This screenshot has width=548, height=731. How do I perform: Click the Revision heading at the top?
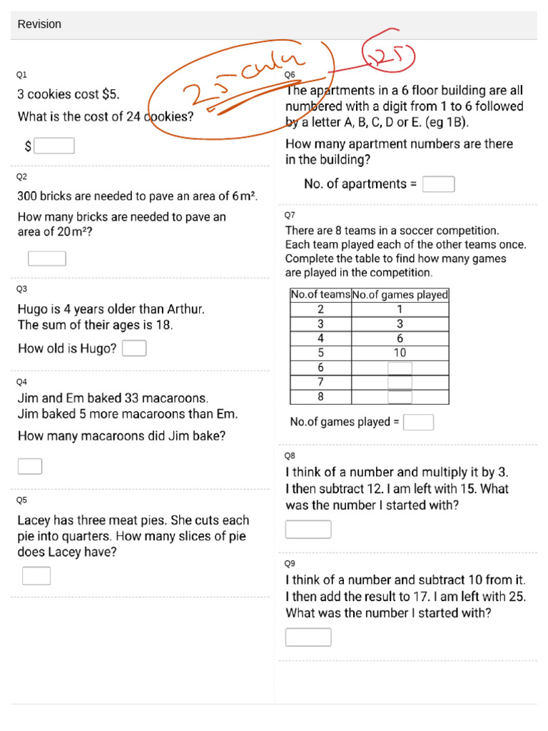coord(39,24)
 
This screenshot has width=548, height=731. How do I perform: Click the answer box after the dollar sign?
coord(54,146)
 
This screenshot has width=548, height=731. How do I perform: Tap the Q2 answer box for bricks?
coord(47,258)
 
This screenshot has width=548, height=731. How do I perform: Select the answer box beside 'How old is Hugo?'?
coord(135,348)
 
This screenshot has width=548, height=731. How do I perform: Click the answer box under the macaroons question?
coord(30,466)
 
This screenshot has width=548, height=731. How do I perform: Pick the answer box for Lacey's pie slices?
coord(36,575)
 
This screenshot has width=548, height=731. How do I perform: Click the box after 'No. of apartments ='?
coord(438,184)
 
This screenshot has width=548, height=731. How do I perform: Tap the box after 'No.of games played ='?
coord(418,422)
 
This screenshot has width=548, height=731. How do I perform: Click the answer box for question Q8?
coord(308,530)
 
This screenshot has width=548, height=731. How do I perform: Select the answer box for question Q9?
coord(308,637)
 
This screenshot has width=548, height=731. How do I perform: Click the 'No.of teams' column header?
coord(320,295)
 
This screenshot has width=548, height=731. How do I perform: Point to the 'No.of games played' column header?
coord(400,295)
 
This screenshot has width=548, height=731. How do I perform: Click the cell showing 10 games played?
coord(400,353)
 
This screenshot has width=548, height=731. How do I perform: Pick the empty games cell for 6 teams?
coord(400,368)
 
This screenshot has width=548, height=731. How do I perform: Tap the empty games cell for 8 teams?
coord(400,397)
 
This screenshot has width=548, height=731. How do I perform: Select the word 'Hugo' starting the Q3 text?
coord(33,310)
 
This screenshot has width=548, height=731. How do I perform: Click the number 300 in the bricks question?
coord(28,196)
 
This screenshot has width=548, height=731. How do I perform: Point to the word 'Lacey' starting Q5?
coord(34,520)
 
